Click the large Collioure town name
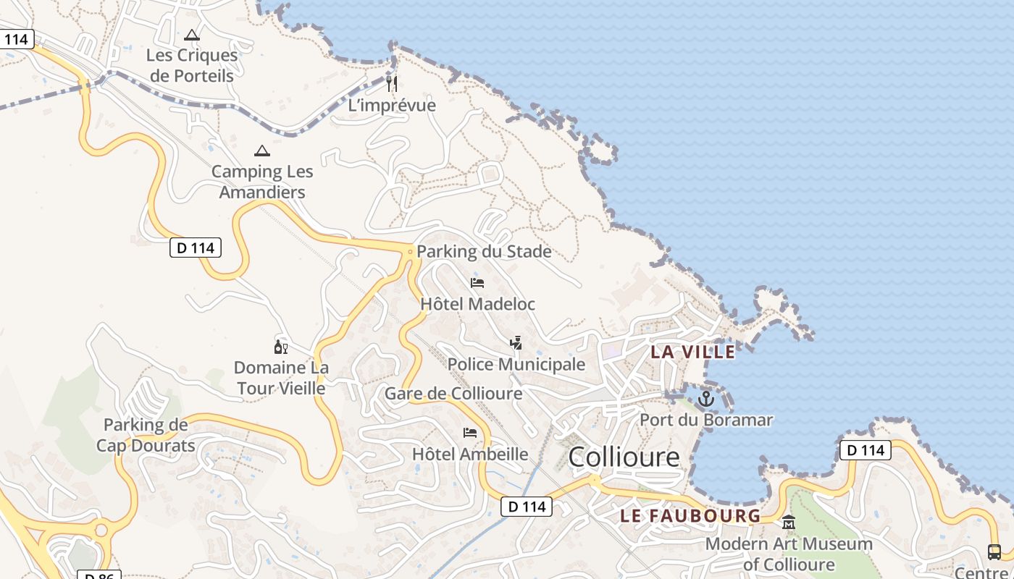point(624,457)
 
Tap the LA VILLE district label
point(692,352)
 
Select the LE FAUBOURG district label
point(690,516)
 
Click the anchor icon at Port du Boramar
point(705,399)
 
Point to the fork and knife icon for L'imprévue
point(392,84)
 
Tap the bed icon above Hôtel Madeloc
point(477,283)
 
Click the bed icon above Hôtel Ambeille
point(470,433)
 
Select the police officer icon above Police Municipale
point(516,343)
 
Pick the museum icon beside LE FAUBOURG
point(789,522)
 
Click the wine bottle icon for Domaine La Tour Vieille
point(281,347)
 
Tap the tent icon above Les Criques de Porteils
point(191,35)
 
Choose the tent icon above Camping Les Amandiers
point(262,151)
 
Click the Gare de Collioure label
point(453,394)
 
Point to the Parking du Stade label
point(484,252)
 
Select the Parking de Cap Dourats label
point(146,435)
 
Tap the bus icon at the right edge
point(994,552)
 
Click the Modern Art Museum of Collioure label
point(789,554)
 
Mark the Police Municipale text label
point(516,364)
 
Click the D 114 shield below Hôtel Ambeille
point(527,507)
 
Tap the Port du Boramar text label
point(706,420)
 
